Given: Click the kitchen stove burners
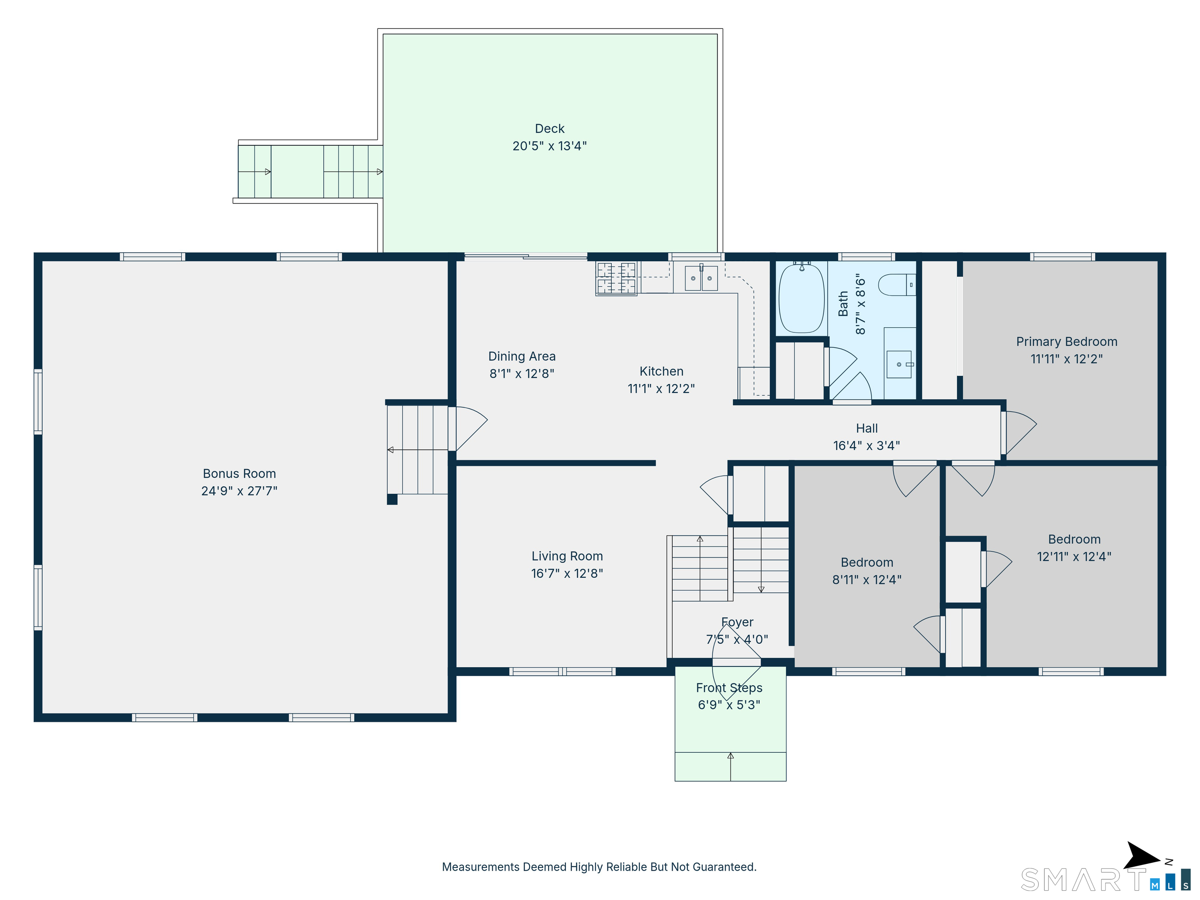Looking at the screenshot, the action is [616, 278].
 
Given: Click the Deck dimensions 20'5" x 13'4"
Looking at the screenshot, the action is [550, 146].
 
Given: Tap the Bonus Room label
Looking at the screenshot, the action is [239, 473].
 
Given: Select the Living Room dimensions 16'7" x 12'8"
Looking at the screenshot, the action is [567, 573].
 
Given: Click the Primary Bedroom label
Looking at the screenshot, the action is [1066, 342].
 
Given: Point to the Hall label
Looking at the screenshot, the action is [866, 429].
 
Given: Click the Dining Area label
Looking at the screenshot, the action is [522, 356].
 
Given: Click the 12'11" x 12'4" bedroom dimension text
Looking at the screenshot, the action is [1074, 557].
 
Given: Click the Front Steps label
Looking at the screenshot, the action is [729, 688].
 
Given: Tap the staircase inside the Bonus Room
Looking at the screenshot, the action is [417, 450].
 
